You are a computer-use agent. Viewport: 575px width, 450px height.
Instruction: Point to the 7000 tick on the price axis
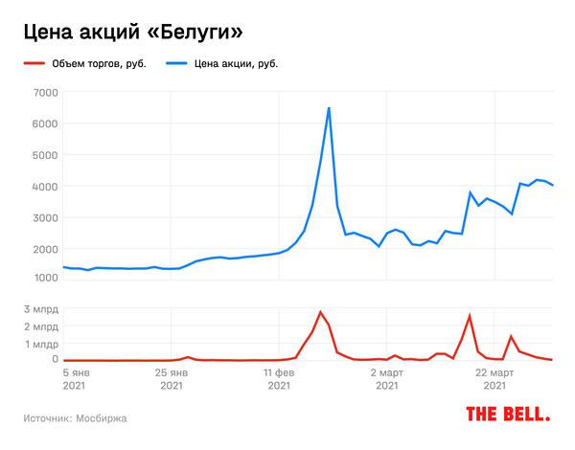click(x=45, y=92)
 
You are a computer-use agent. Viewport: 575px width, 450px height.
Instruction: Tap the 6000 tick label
click(x=45, y=124)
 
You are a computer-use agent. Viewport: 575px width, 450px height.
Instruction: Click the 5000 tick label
click(x=45, y=155)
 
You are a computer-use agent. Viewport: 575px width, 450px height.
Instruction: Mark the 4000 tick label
click(x=45, y=187)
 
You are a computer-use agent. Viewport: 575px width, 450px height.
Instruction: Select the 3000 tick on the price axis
click(x=45, y=218)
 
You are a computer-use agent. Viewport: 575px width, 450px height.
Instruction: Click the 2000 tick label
click(x=45, y=249)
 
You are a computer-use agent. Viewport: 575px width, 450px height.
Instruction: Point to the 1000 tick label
click(x=45, y=278)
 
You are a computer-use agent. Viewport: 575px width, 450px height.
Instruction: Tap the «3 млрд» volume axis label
click(x=41, y=310)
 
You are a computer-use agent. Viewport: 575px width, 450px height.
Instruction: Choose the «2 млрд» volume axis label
click(x=41, y=327)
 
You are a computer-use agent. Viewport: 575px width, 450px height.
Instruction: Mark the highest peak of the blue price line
click(x=329, y=108)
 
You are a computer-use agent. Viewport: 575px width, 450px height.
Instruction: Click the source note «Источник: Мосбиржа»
click(x=76, y=418)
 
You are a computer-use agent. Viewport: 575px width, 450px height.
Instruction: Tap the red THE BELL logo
click(x=508, y=415)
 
